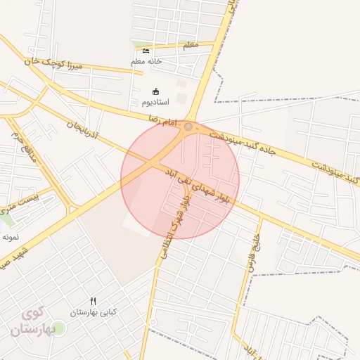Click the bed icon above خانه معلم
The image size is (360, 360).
(146, 51)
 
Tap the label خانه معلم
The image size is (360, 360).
(146, 61)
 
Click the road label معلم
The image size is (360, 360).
(190, 45)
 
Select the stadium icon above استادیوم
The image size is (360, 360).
(155, 91)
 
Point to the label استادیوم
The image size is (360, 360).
(155, 103)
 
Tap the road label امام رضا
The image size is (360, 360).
(162, 122)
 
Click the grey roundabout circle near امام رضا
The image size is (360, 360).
(188, 127)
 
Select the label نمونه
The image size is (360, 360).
(10, 238)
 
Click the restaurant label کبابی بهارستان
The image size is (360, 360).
(93, 311)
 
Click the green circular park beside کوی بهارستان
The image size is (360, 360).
(58, 328)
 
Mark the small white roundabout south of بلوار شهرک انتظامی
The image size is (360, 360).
(153, 322)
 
